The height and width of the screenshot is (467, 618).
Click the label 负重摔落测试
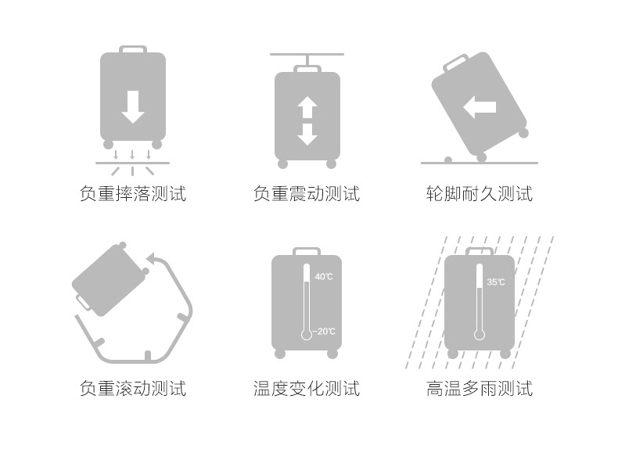(133, 194)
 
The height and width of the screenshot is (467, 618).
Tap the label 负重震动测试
(307, 194)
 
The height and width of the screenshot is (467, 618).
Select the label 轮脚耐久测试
(479, 194)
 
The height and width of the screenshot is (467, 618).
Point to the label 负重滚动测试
(133, 388)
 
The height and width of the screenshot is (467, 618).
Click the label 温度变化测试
(307, 388)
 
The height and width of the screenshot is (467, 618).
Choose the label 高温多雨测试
(479, 388)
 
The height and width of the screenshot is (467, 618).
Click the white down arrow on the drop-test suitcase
(133, 106)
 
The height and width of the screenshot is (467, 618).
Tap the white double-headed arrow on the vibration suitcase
(307, 121)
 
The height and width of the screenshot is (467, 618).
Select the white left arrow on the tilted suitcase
(480, 107)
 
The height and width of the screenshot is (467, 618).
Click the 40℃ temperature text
(324, 277)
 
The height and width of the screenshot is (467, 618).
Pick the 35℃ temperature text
(496, 282)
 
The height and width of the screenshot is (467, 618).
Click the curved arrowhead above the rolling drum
(153, 258)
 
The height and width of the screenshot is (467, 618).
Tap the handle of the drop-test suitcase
(133, 49)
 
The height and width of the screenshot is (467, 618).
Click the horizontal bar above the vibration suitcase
(307, 55)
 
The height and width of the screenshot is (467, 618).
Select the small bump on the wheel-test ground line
(448, 160)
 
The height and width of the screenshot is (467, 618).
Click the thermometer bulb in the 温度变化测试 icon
(307, 335)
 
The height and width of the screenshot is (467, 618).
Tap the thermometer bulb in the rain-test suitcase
(480, 335)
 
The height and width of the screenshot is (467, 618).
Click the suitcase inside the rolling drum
(109, 279)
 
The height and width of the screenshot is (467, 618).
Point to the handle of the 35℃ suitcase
(480, 250)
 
